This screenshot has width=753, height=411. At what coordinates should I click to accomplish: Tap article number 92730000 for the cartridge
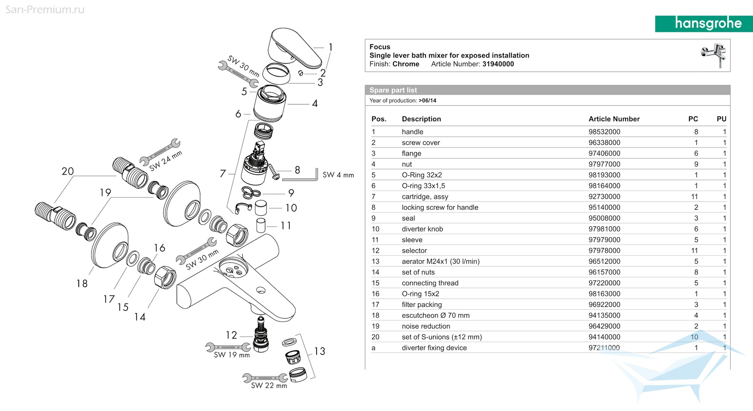(x=604, y=197)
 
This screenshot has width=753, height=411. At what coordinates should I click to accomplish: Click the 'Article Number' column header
(x=614, y=119)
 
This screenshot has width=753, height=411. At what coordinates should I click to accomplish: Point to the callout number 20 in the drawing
(x=68, y=171)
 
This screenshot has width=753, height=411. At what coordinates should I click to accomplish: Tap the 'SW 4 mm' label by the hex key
(x=338, y=175)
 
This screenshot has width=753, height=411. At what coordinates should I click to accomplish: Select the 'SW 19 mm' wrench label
(x=232, y=355)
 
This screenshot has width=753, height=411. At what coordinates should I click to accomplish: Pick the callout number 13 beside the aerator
(x=320, y=351)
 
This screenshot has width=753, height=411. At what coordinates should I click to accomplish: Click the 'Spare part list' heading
(x=393, y=90)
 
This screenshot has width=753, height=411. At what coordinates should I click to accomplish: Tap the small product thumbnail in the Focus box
(x=714, y=55)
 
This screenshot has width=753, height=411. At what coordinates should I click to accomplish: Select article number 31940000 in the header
(x=498, y=64)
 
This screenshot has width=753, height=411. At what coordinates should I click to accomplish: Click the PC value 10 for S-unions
(x=694, y=337)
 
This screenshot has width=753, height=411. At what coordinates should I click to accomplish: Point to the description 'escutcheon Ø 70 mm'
(x=436, y=316)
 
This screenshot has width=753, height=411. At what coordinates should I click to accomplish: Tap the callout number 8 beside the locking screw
(x=297, y=170)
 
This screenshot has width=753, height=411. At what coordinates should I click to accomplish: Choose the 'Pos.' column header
(x=379, y=119)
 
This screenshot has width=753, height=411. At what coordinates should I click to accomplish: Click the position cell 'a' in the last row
(x=373, y=348)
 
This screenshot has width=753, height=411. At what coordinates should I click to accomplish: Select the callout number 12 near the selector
(x=231, y=335)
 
